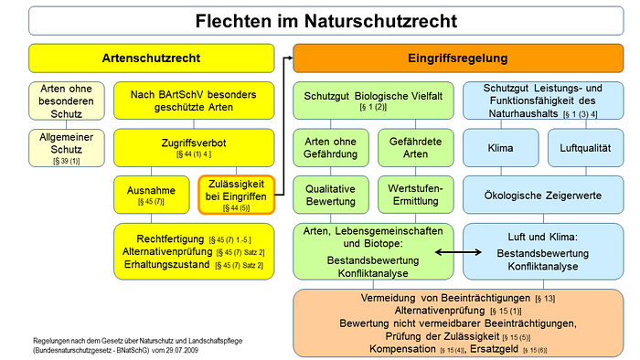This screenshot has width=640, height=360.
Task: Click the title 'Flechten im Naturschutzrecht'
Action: (x=320, y=19)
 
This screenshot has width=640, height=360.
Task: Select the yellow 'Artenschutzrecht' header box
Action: (x=152, y=58)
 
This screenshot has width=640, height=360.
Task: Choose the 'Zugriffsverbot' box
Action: (x=193, y=146)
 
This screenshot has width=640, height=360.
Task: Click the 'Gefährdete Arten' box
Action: (x=411, y=146)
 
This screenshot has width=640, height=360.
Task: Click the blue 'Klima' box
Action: (x=499, y=146)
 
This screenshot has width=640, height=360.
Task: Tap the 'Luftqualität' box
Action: (x=584, y=146)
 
